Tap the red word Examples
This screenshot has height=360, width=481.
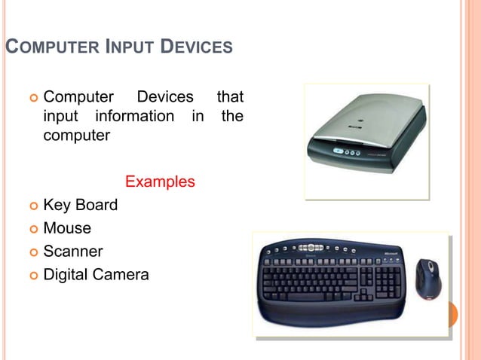[x=160, y=182]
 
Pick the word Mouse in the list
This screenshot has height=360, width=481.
[x=67, y=228]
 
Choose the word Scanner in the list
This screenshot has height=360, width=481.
[x=73, y=252]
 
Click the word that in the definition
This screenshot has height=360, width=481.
[x=229, y=98]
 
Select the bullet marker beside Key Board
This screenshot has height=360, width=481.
[x=32, y=206]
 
